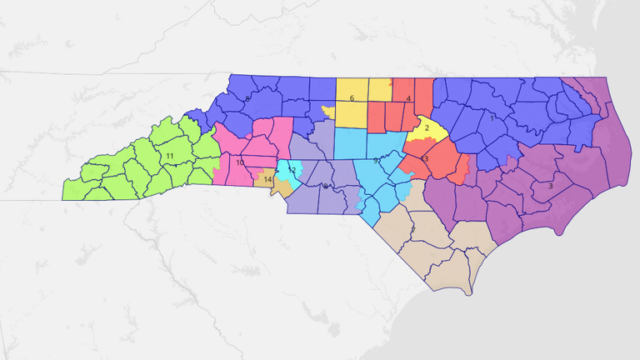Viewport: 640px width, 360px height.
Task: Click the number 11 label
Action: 169,156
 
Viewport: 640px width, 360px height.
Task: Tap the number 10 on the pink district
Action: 240,162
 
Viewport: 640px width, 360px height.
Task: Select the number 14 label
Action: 267,179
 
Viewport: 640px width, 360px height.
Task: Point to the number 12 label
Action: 292,170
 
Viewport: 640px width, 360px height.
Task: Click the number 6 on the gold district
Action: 352,98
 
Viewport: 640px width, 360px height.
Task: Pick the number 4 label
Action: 408,99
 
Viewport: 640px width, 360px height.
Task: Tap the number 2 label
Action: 427,127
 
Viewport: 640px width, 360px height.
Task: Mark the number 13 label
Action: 425,158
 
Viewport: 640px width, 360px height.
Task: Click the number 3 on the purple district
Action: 550,186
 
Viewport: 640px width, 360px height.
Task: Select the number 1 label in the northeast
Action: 492,117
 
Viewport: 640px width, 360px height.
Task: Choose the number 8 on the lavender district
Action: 325,186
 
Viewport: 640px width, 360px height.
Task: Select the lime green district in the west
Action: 142,167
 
